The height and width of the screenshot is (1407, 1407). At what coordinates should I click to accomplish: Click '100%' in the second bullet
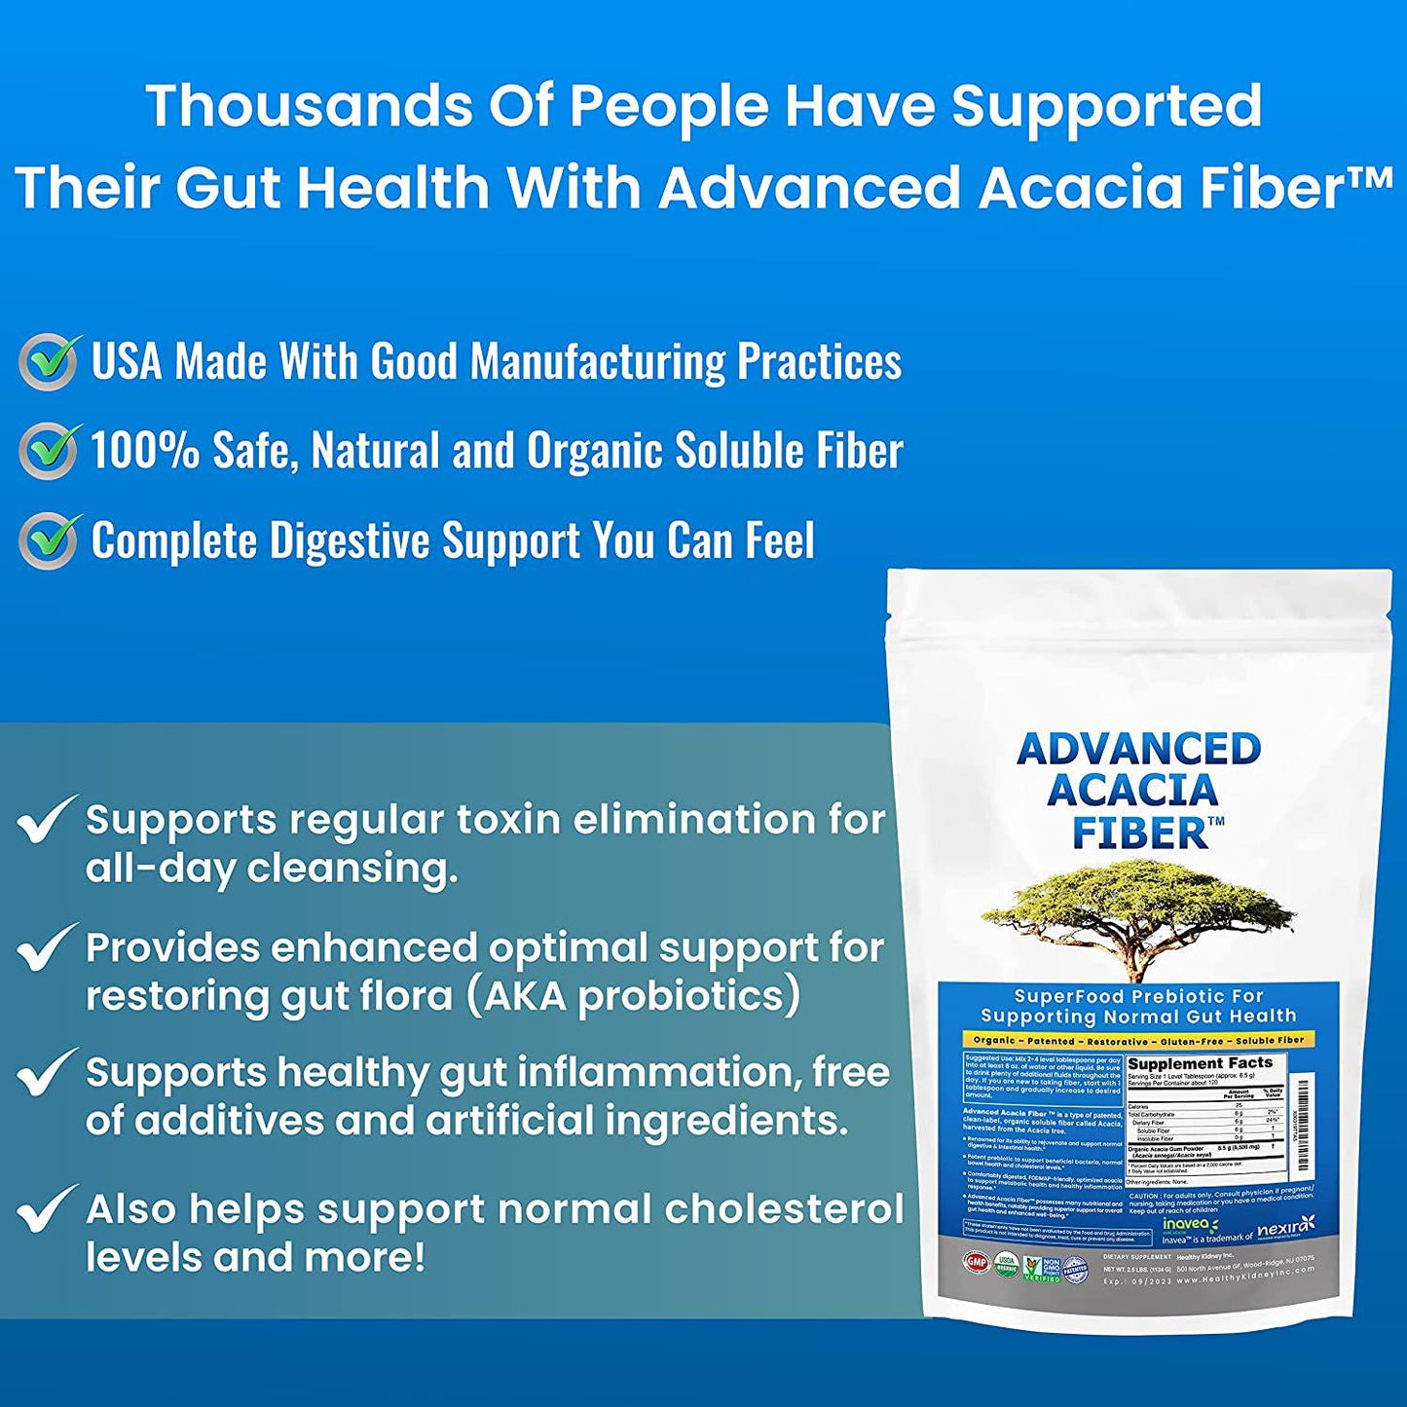pos(144,451)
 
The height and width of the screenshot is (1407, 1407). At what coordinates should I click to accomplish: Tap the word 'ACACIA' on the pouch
pos(1132,791)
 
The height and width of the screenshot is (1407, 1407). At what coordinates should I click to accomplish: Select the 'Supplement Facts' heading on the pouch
pos(1200,1063)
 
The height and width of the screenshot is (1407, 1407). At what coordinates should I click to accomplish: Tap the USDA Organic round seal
pos(1006,1265)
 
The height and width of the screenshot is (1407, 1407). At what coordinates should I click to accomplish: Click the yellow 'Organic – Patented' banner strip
pos(1138,1040)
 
